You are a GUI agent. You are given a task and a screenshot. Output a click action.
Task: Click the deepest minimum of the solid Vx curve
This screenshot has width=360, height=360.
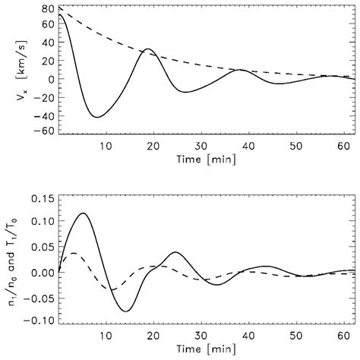coord(96,117)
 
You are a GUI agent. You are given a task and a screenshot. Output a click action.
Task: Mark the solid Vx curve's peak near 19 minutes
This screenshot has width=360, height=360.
coord(149,49)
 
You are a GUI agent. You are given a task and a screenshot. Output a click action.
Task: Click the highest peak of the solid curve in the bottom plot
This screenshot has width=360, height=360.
coord(83,213)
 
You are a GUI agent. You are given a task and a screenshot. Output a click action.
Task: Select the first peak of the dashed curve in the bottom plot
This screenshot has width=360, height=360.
coord(73,253)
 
